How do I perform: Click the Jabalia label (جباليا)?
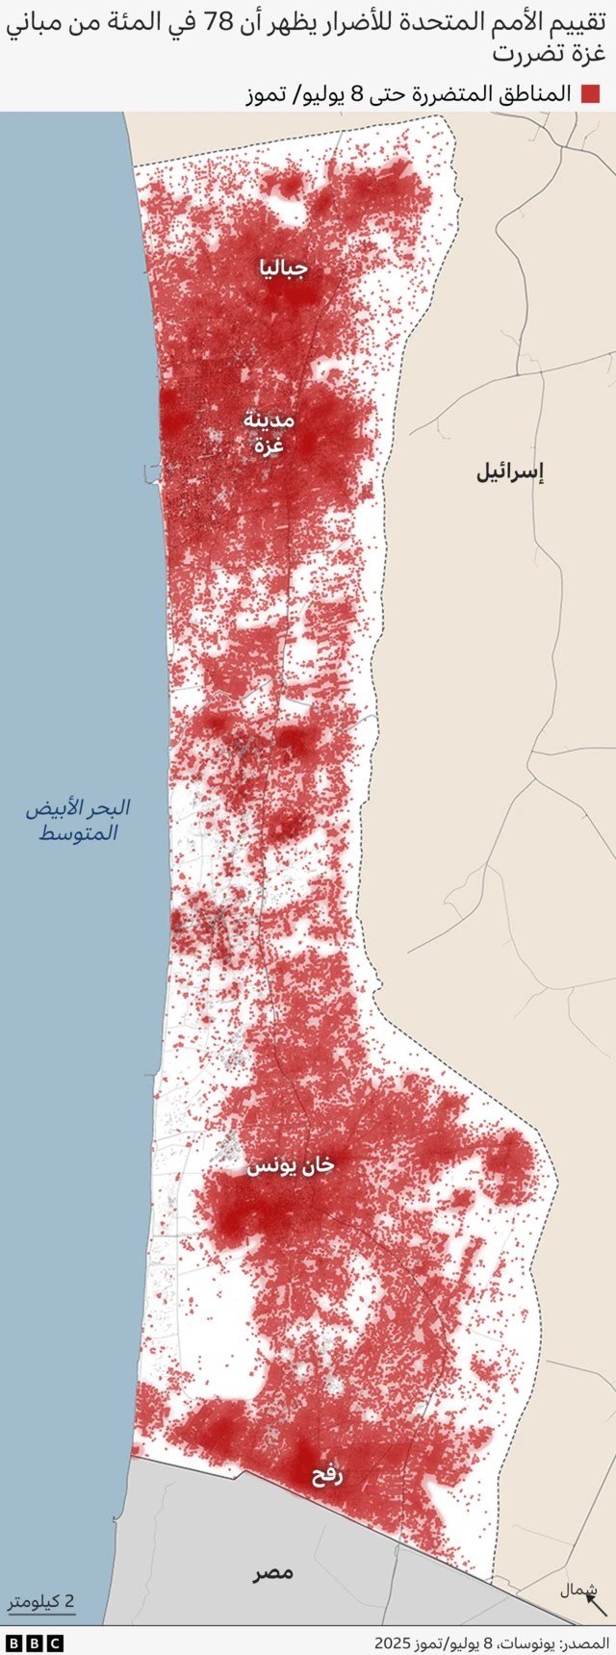283,268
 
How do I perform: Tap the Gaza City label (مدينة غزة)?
269,432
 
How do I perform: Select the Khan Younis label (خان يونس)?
291,1164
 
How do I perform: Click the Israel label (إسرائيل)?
510,471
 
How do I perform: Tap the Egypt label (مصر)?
273,1573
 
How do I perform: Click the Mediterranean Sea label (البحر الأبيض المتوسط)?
78,820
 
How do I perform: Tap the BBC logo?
34,1642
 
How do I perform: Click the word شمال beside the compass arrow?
578,1591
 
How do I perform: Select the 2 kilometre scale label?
41,1602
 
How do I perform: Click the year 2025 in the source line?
393,1642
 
